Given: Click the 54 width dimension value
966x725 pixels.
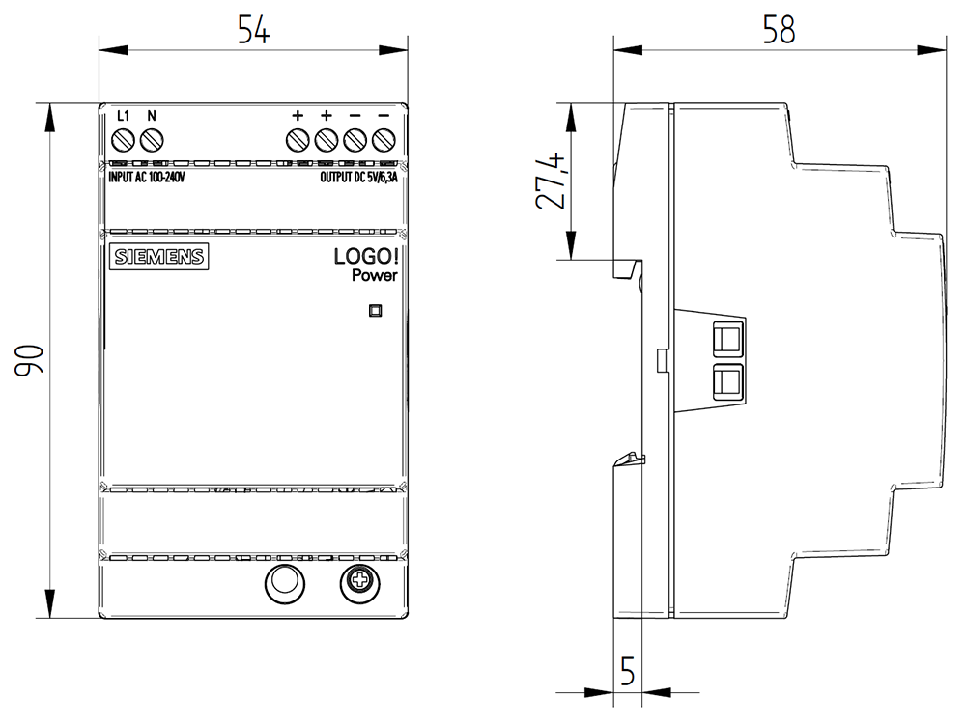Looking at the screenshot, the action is pos(253,30).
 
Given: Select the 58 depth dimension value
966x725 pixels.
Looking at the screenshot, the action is pos(779,30).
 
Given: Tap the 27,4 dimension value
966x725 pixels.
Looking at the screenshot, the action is pos(551,181).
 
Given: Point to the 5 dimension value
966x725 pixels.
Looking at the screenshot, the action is pos(627,671).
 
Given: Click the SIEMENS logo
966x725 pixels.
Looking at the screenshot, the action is pos(159,257).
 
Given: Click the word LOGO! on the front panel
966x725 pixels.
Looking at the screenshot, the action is pos(366,256).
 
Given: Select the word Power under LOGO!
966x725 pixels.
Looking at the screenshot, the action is pos(375,275).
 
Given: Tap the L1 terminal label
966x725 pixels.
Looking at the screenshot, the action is pos(124,116).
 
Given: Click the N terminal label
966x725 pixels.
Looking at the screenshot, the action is pos(152,116).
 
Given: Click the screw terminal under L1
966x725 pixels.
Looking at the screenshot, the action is pos(124,140).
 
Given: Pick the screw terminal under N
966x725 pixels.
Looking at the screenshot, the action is pos(152,140).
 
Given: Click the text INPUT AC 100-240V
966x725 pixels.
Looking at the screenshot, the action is pos(147,178).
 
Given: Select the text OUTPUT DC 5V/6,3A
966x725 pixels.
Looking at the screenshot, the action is pos(358,178).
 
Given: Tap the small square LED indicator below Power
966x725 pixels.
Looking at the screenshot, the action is pos(375,311).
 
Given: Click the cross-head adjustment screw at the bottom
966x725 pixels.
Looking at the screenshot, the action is pos(359,583).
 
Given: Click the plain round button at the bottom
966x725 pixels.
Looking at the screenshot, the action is pos(285,583).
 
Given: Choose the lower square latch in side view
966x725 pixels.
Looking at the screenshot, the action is pos(728,382).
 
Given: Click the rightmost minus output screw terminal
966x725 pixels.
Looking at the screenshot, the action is pos(384,140).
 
